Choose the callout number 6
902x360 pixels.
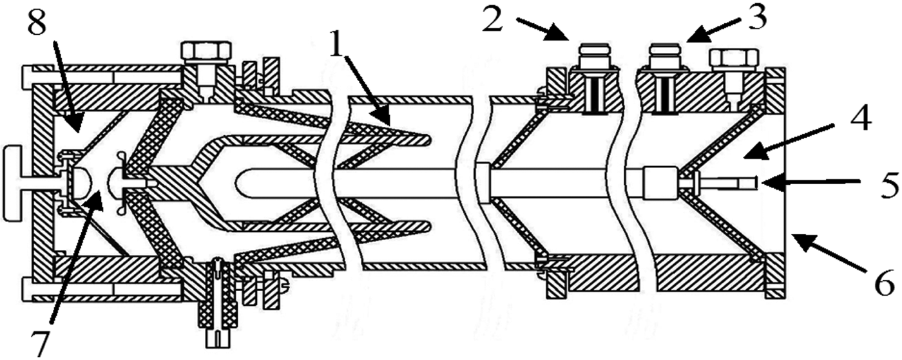click(883, 282)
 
